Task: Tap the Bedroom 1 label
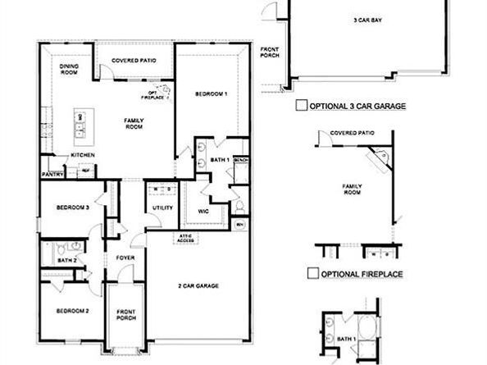[x=211, y=94]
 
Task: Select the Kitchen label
[x=83, y=155]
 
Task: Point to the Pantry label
[x=53, y=173]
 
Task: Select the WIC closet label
[x=203, y=210]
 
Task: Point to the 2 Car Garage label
[x=198, y=285]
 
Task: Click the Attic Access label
[x=185, y=239]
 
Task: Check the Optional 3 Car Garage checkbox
[x=301, y=106]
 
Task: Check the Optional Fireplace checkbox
[x=312, y=273]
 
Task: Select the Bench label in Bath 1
[x=241, y=159]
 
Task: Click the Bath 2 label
[x=66, y=260]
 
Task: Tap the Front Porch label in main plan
[x=125, y=315]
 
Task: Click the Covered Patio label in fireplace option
[x=352, y=133]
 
